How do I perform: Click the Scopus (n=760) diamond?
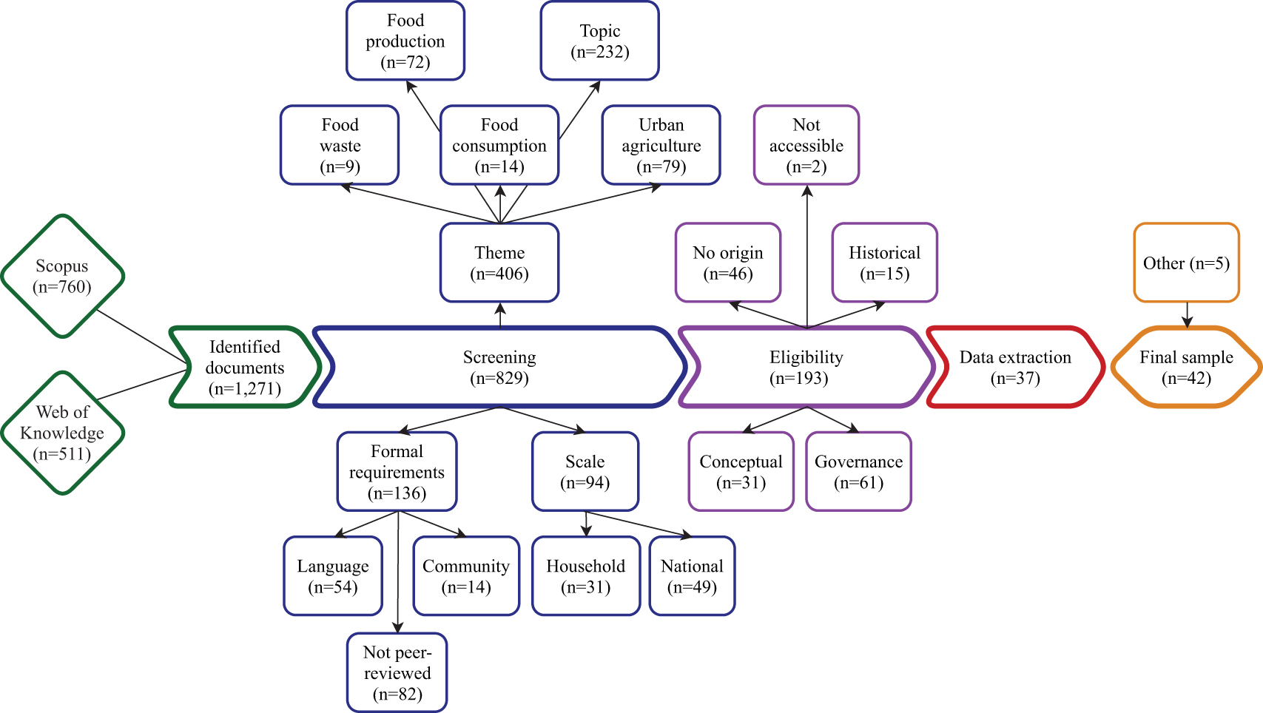62,277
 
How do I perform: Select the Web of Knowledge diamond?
62,433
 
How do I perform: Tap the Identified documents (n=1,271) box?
244,367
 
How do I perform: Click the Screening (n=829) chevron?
499,367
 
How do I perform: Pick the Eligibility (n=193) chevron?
806,367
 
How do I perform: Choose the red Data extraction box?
1015,367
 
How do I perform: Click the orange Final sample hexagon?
1186,367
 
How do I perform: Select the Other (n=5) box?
1186,263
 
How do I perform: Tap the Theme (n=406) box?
499,263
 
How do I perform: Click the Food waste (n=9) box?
340,146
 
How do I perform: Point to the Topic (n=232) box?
599,41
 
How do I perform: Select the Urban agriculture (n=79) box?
661,146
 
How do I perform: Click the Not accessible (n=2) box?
806,146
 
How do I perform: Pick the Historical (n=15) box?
884,263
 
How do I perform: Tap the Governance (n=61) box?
858,472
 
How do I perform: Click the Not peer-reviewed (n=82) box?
397,672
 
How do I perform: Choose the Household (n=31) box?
585,576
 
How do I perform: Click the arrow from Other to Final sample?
1187,314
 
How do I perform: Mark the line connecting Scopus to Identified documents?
141,336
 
